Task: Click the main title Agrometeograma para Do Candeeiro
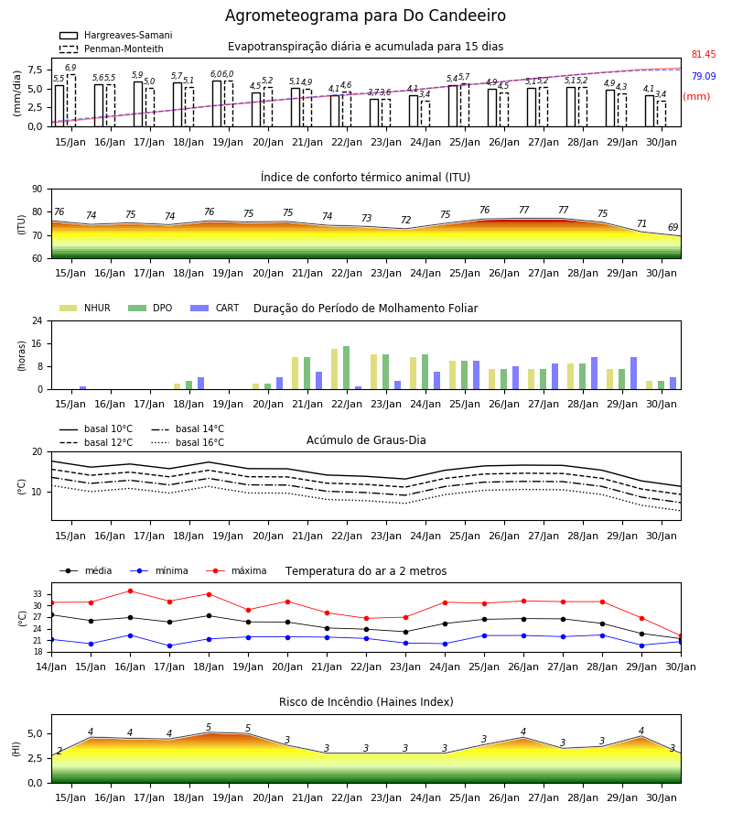coord(365,16)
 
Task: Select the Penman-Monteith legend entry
coord(112,49)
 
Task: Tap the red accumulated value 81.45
coord(704,54)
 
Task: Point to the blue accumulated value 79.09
coord(704,76)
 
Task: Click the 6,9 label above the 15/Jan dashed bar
coord(70,67)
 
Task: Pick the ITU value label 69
coord(673,227)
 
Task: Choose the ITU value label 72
coord(405,220)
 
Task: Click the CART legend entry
coord(215,308)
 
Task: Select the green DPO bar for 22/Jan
coord(346,368)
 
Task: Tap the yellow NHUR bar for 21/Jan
coord(296,374)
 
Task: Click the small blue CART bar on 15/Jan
coord(82,388)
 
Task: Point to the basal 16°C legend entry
coord(188,442)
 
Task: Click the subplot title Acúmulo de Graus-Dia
coord(366,439)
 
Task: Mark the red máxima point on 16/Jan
coord(130,591)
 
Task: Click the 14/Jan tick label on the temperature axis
coord(51,667)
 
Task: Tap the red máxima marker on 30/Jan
coord(681,636)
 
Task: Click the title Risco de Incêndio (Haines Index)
coord(366,701)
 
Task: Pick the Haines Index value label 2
coord(59,751)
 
